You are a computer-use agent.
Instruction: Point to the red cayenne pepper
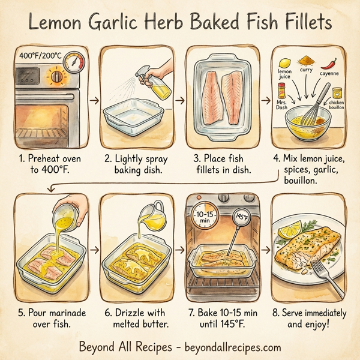pyautogui.click(x=329, y=62)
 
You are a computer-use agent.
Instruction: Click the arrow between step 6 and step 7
pyautogui.click(x=179, y=248)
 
